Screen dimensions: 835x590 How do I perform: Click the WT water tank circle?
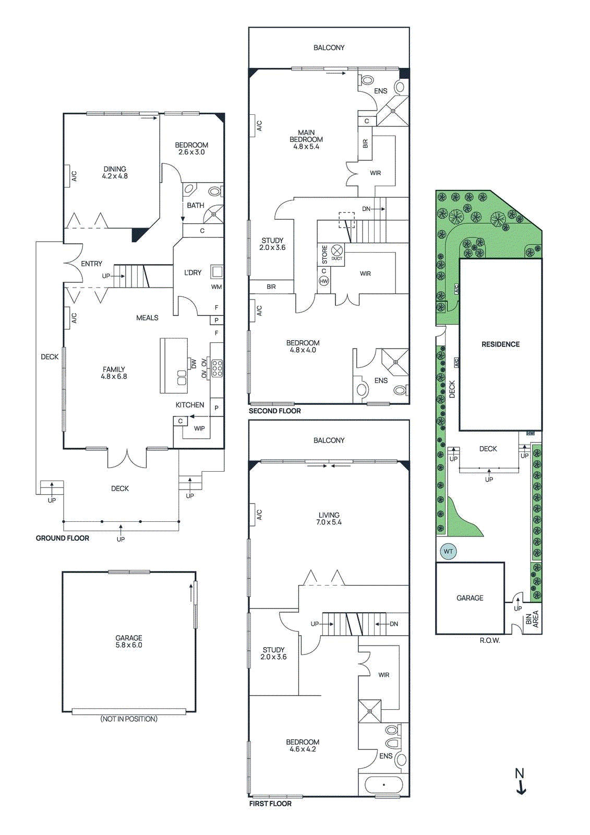[448, 551]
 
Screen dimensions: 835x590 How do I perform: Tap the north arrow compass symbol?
[520, 781]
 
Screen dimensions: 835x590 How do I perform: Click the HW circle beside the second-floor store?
[324, 281]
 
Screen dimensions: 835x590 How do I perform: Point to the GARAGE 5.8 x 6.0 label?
[129, 641]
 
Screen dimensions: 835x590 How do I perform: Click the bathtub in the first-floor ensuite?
[383, 784]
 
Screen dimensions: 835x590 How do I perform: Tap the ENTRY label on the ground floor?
[92, 264]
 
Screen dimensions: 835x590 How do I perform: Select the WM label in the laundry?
[216, 287]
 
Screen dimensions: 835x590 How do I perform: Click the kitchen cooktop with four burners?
[218, 368]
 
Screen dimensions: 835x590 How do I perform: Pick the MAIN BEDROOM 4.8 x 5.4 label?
[306, 139]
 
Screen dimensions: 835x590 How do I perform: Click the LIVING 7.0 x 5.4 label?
[329, 518]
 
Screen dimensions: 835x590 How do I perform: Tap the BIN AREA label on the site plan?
[532, 619]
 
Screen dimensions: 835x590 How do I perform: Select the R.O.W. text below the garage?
[489, 640]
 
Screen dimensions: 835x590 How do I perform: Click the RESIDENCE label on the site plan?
[500, 344]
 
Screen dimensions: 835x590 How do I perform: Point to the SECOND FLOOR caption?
[274, 411]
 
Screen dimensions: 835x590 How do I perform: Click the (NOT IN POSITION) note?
[129, 719]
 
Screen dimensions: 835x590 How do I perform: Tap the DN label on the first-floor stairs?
[394, 624]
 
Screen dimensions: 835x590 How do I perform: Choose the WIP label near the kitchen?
[199, 428]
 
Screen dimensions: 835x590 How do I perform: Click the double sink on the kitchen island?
[182, 377]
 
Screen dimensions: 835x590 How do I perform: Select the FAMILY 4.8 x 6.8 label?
[114, 373]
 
